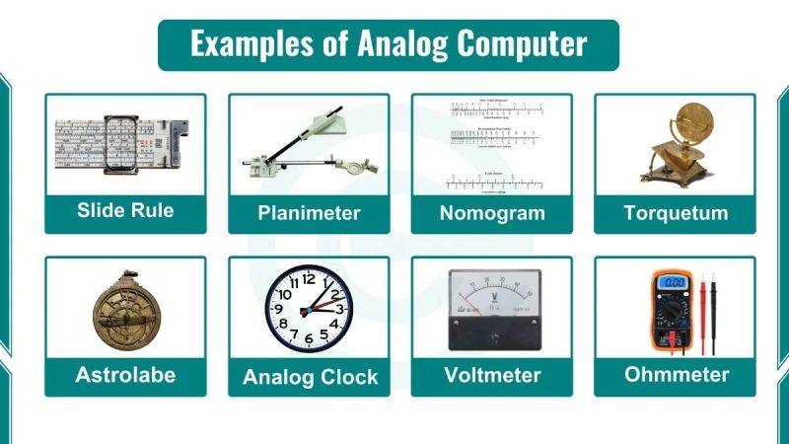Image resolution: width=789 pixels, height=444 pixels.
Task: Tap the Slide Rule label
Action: point(125,211)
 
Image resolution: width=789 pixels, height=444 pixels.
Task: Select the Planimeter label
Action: point(309,213)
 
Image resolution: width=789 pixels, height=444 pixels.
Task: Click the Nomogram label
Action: point(491,213)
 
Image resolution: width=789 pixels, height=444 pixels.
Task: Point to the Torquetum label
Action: point(676,213)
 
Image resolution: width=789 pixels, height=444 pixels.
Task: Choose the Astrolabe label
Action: point(125,375)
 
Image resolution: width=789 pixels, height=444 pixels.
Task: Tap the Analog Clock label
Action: point(310,377)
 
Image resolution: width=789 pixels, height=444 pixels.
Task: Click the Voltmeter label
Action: point(491,375)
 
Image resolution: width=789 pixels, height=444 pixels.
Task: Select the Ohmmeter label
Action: point(676,374)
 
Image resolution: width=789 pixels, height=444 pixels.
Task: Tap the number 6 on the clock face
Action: point(309,339)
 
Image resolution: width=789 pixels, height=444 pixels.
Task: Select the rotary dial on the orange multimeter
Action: point(674,316)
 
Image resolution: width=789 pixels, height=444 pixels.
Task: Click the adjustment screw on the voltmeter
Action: point(492,336)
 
